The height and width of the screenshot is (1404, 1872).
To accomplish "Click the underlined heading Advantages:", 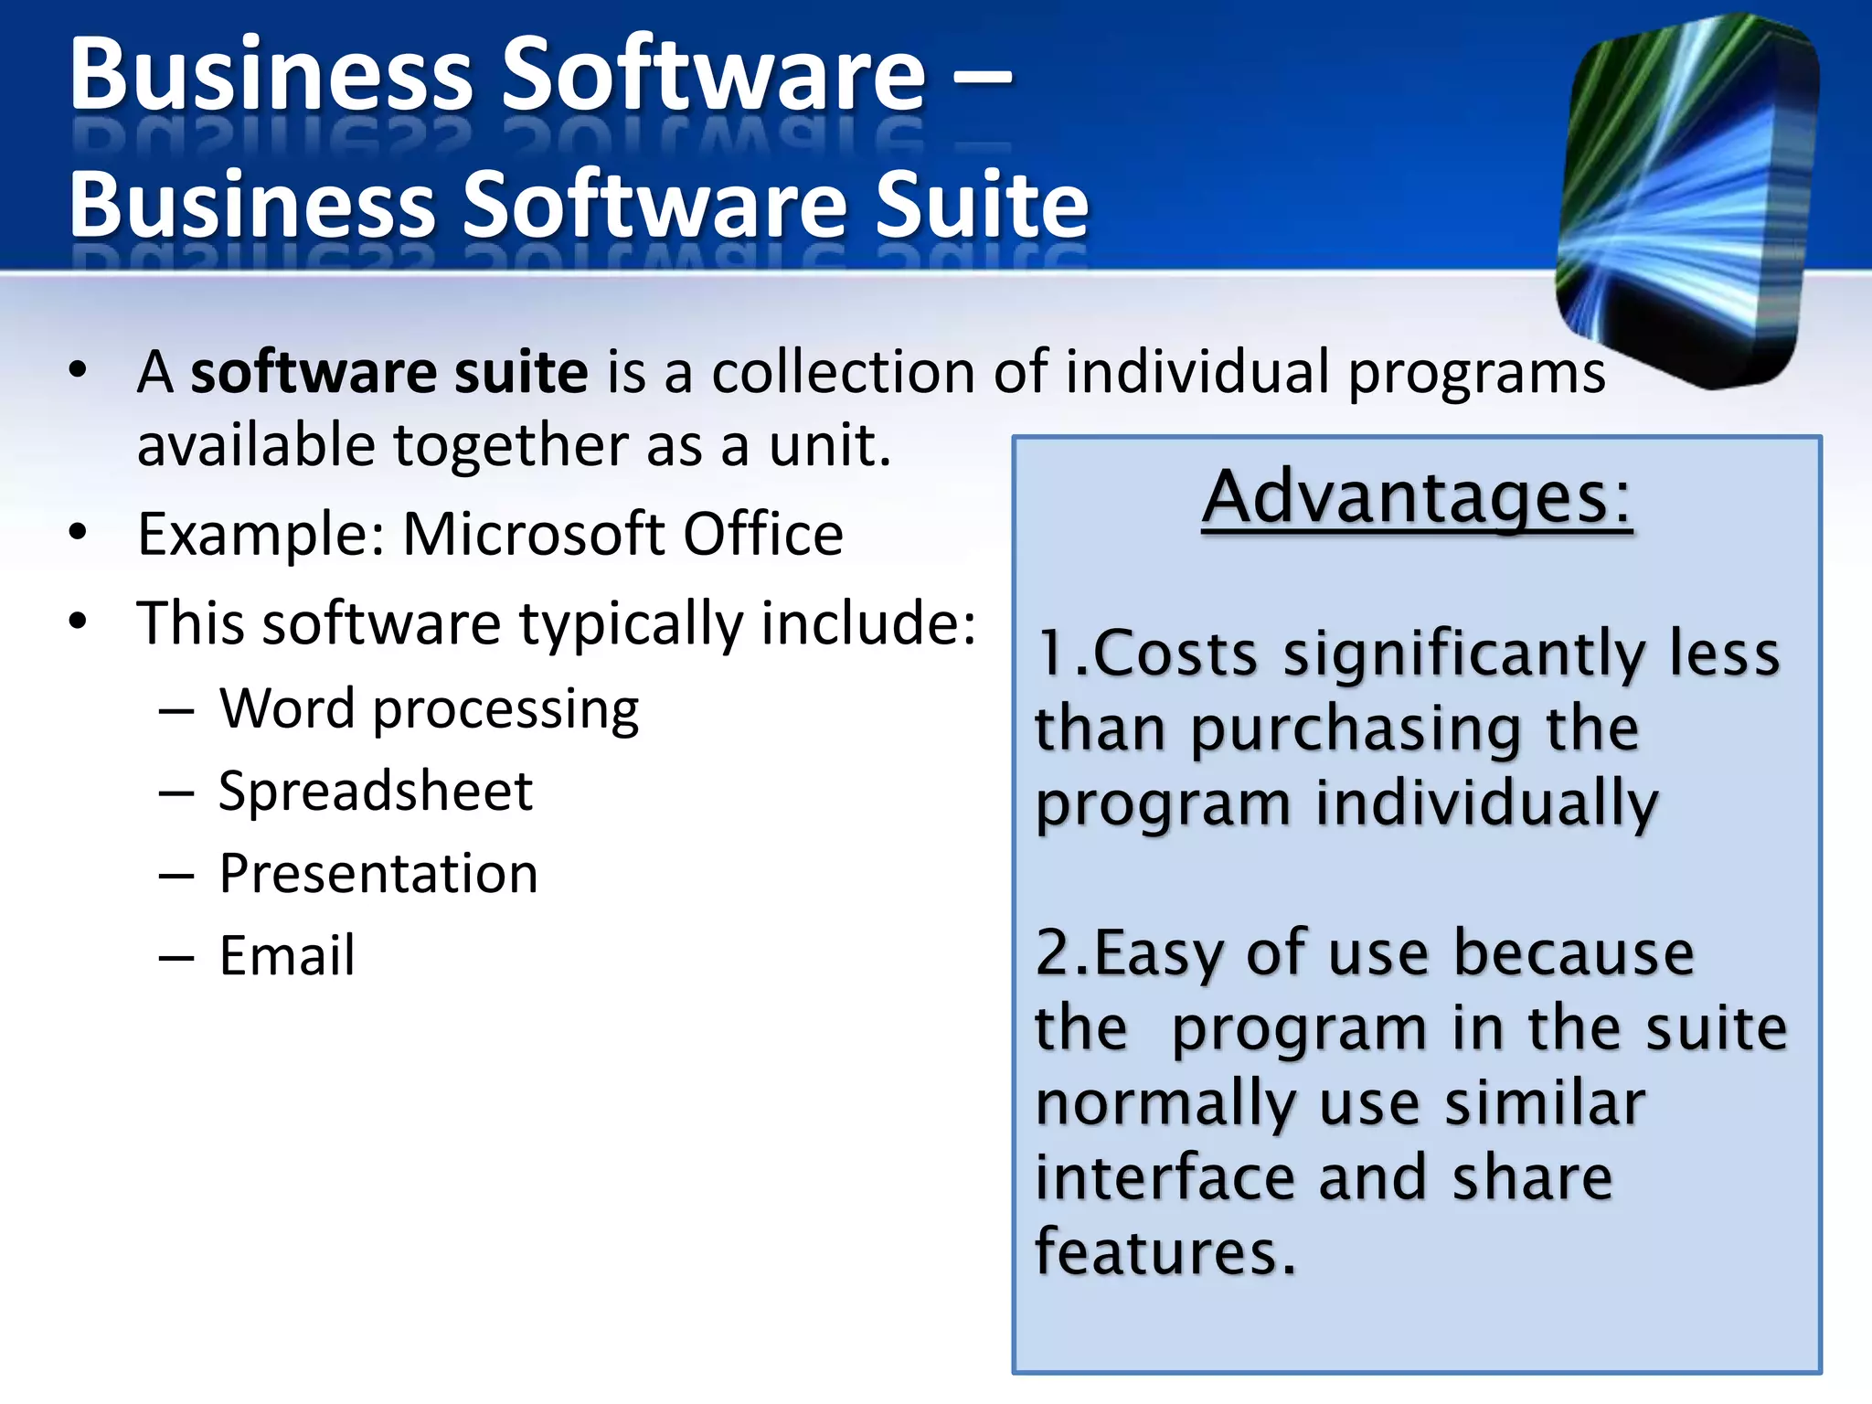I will [x=1416, y=498].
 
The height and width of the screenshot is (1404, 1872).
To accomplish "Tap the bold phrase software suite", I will [x=389, y=373].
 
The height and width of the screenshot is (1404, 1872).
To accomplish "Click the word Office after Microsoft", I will [x=762, y=534].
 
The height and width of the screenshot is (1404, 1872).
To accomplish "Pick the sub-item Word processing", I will [x=429, y=710].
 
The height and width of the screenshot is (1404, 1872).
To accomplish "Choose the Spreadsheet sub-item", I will [x=376, y=792].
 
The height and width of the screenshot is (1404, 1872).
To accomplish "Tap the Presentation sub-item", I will [x=378, y=874].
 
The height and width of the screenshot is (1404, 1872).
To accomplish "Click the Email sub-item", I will [x=287, y=956].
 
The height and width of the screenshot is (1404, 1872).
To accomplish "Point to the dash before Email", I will [x=176, y=957].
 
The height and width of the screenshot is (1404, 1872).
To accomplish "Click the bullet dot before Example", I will [x=78, y=532].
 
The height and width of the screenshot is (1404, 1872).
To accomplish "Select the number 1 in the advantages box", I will [x=1051, y=654].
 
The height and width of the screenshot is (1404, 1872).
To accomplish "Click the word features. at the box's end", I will [x=1165, y=1252].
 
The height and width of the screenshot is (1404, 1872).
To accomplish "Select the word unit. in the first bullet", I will [x=828, y=446].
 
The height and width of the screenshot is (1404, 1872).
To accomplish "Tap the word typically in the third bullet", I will [x=631, y=625].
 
